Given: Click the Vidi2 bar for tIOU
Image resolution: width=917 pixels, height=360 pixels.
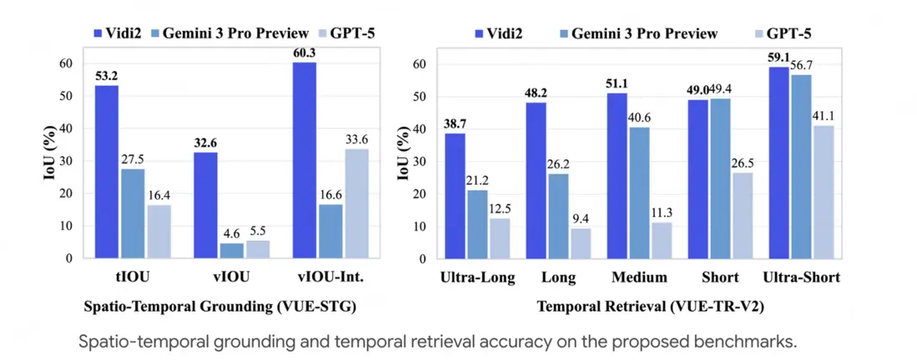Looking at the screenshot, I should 106,171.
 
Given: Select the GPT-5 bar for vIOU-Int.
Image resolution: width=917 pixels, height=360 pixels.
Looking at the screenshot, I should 357,203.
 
